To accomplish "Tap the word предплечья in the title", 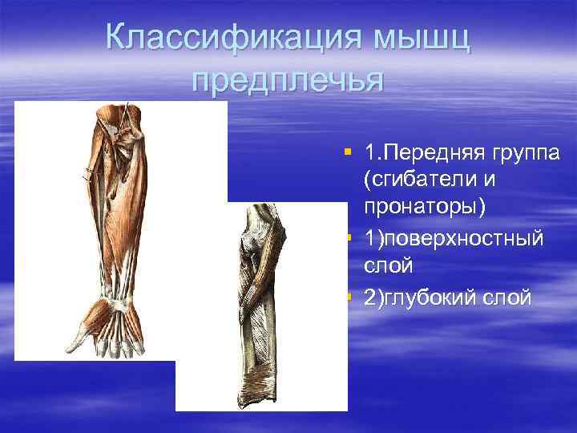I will pos(288,81).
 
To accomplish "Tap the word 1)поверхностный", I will pos(454,239).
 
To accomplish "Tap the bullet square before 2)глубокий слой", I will pos(346,297).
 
